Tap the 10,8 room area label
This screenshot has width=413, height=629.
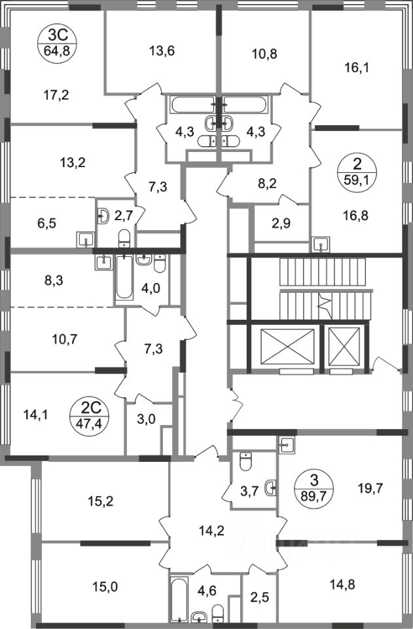click(264, 54)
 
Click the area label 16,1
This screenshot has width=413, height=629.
click(357, 66)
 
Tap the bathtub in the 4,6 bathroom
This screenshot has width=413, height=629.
click(178, 598)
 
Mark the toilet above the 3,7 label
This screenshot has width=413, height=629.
click(245, 463)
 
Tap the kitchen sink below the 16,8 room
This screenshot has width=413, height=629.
click(320, 244)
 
